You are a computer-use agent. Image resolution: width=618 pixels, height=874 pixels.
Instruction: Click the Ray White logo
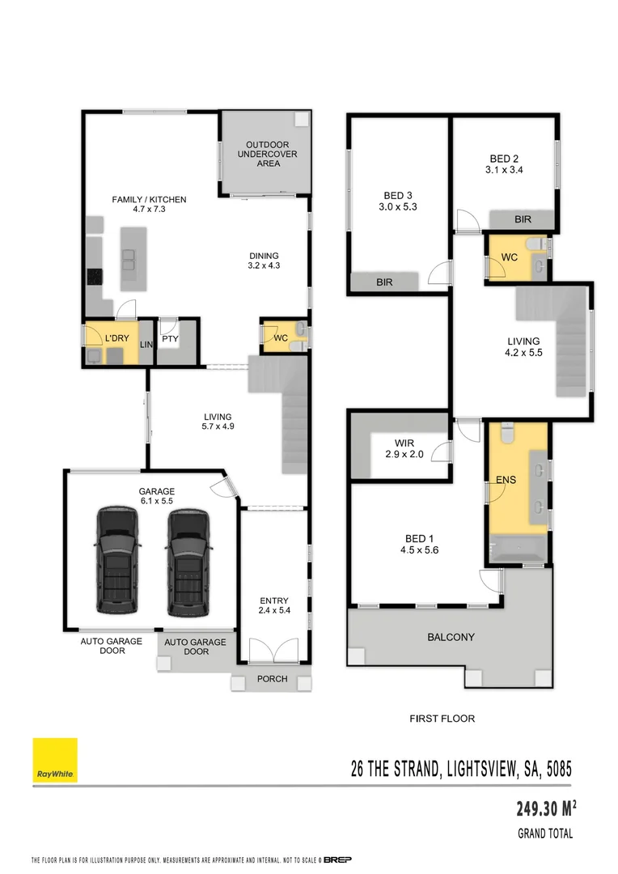point(55,760)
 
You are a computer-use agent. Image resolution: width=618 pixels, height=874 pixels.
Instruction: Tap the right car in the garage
point(188,561)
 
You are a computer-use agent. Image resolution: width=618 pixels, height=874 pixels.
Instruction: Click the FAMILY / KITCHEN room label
point(149,199)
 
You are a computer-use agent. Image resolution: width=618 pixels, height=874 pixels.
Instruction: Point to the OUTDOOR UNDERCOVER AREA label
point(268,154)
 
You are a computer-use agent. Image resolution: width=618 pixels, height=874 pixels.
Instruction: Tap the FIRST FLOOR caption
point(442,718)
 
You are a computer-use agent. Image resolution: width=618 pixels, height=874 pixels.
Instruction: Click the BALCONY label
point(451,637)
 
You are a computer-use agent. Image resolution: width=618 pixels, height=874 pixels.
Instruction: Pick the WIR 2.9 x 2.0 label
point(404,449)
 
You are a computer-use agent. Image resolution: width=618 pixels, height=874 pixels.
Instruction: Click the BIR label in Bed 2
point(523,219)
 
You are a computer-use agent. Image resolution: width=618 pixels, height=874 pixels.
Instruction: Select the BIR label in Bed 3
point(383,282)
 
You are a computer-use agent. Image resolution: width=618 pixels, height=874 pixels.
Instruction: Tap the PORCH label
point(272,678)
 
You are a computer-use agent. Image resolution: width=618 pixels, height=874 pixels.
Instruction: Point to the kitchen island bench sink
point(129,259)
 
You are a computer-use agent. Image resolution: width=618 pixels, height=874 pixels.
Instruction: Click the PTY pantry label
point(170,339)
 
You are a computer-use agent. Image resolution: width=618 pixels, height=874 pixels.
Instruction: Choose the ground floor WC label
point(280,337)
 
